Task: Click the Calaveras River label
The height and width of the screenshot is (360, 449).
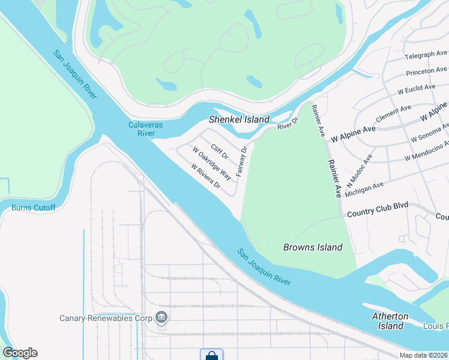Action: coord(142,129)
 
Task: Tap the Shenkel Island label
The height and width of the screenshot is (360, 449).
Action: coord(239,119)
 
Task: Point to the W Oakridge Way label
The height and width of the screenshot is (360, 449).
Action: coord(212,163)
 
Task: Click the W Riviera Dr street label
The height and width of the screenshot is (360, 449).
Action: coord(205,177)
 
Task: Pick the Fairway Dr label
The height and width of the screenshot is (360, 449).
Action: coord(242,161)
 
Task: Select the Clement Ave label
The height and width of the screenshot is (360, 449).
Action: coord(393,113)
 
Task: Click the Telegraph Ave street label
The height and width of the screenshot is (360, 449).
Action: coord(426,55)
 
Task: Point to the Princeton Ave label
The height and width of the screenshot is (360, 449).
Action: coord(427,71)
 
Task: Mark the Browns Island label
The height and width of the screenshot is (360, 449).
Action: coord(313,247)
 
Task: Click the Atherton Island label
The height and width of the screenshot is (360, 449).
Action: coord(390,321)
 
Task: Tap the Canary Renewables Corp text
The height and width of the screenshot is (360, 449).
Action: coord(105,317)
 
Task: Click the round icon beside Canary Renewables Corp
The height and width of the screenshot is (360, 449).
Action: coord(161,317)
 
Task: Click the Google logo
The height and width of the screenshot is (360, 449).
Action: coord(20,353)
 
